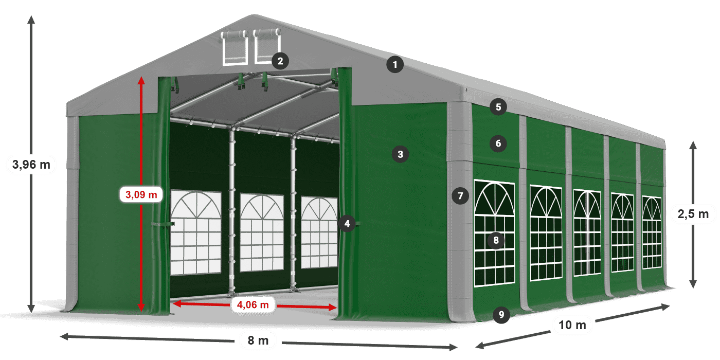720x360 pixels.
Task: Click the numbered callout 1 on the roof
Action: pyautogui.click(x=395, y=65)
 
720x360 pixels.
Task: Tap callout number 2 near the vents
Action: pyautogui.click(x=280, y=61)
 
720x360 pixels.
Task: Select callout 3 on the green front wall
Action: pyautogui.click(x=400, y=153)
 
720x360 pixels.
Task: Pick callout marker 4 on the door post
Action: pyautogui.click(x=347, y=223)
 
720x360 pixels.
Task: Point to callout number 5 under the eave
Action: pyautogui.click(x=498, y=107)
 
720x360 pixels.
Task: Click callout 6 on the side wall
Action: pyautogui.click(x=498, y=143)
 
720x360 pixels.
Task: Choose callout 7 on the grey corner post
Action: pyautogui.click(x=460, y=195)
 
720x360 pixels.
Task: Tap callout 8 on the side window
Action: pyautogui.click(x=496, y=240)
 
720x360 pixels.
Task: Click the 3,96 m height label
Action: pyautogui.click(x=31, y=165)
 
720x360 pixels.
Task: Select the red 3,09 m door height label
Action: pyautogui.click(x=141, y=195)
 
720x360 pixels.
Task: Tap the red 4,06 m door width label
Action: pyautogui.click(x=253, y=305)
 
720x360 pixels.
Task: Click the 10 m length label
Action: pyautogui.click(x=572, y=325)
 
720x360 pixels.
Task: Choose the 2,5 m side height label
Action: pyautogui.click(x=693, y=213)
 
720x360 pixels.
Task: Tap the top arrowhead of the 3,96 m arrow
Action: pyautogui.click(x=31, y=19)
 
